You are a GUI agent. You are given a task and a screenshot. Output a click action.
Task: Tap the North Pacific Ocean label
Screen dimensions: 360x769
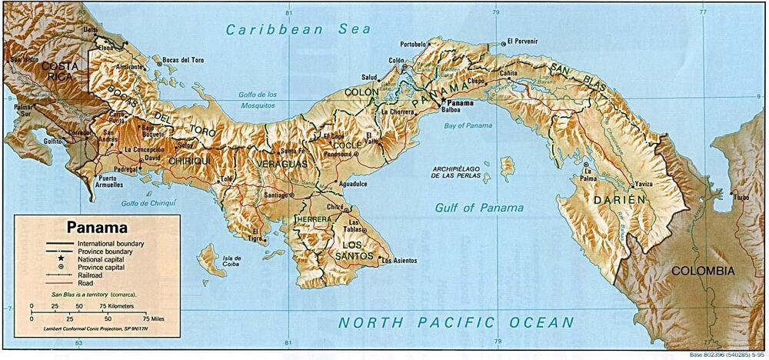pyautogui.click(x=457, y=322)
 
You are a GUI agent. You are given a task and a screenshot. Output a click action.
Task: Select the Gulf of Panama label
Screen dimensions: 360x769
pyautogui.click(x=479, y=208)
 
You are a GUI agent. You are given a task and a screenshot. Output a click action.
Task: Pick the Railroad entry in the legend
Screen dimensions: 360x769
pyautogui.click(x=91, y=275)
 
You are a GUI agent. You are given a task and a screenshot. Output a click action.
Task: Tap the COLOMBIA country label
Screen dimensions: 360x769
pyautogui.click(x=703, y=271)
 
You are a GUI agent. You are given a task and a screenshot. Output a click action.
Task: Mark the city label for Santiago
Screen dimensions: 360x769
pyautogui.click(x=275, y=195)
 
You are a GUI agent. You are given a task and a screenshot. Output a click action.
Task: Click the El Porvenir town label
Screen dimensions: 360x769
pyautogui.click(x=522, y=42)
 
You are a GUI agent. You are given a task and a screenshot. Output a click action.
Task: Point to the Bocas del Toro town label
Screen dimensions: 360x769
pyautogui.click(x=183, y=60)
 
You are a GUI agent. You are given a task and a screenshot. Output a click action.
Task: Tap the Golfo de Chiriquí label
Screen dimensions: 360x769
pyautogui.click(x=148, y=203)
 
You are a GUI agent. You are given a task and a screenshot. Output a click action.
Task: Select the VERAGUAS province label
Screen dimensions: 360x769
pyautogui.click(x=282, y=165)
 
